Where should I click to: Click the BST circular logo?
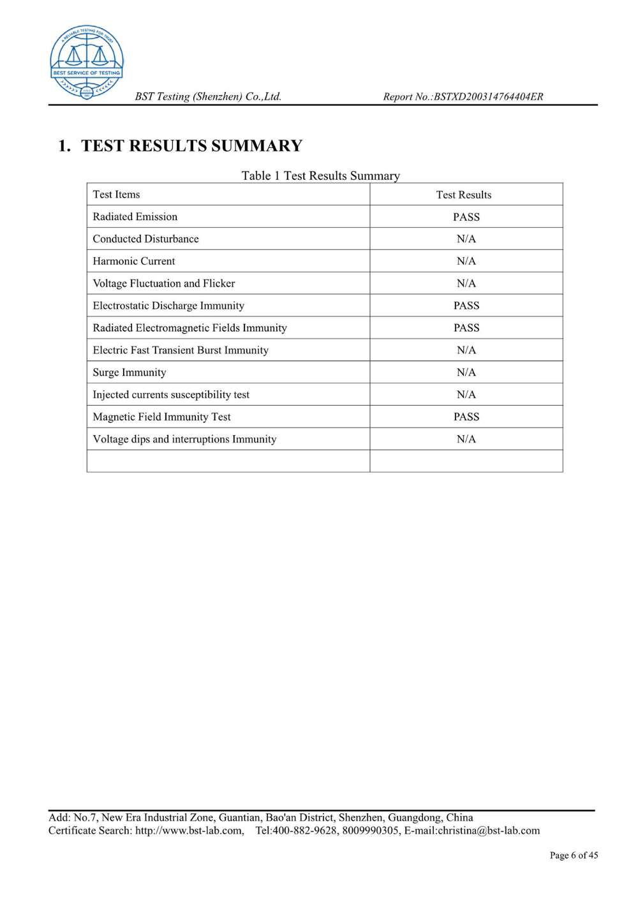pyautogui.click(x=87, y=62)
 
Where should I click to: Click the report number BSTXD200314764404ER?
pyautogui.click(x=488, y=97)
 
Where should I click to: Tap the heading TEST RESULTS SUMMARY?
pyautogui.click(x=191, y=146)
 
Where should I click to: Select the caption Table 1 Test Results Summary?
pyautogui.click(x=320, y=175)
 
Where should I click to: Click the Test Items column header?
pyautogui.click(x=116, y=195)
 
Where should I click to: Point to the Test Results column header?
pyautogui.click(x=464, y=195)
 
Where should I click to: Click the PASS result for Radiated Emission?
pyautogui.click(x=466, y=217)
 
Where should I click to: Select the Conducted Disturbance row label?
pyautogui.click(x=145, y=239)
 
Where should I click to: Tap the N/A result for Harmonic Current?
pyautogui.click(x=466, y=261)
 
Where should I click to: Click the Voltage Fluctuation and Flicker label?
pyautogui.click(x=164, y=283)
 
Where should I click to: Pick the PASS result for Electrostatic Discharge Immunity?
pyautogui.click(x=466, y=306)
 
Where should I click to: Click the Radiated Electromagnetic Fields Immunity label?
pyautogui.click(x=189, y=328)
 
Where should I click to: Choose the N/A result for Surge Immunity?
pyautogui.click(x=466, y=372)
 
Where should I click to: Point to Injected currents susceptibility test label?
pyautogui.click(x=171, y=394)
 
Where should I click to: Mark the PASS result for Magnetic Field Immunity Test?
pyautogui.click(x=466, y=417)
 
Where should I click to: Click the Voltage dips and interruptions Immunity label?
pyautogui.click(x=184, y=439)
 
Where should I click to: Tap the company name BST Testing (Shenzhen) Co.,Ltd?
pyautogui.click(x=208, y=97)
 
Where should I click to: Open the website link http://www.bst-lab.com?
pyautogui.click(x=189, y=831)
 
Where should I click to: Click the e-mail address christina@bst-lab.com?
pyautogui.click(x=488, y=831)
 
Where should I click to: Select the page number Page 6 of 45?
pyautogui.click(x=574, y=855)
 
